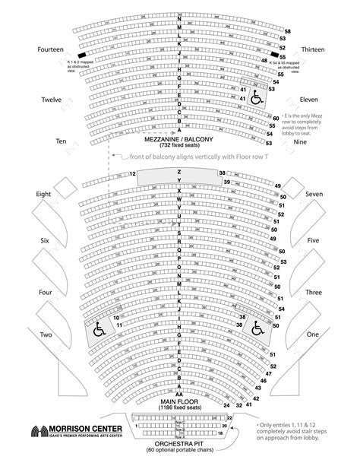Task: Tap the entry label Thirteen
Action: [314, 49]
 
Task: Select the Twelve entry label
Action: [51, 100]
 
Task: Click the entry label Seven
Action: [314, 195]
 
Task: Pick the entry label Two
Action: [46, 334]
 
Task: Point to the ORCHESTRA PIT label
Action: [180, 443]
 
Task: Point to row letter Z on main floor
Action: [179, 172]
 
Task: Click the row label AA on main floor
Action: [179, 395]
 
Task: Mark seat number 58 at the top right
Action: [288, 31]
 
